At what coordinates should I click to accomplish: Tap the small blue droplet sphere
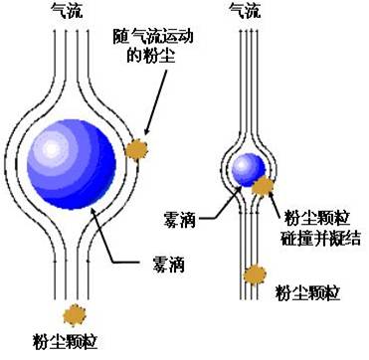coord(247,168)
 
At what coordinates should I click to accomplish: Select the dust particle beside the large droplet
coord(135,149)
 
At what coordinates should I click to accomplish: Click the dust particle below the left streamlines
coord(72,314)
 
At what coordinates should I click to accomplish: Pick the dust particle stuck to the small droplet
coord(263,186)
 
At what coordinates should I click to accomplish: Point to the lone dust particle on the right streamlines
coord(258,272)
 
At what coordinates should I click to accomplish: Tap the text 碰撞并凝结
coord(320,237)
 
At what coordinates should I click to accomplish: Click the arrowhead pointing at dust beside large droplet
coord(145,132)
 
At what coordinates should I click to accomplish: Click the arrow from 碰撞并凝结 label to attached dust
coord(276,204)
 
